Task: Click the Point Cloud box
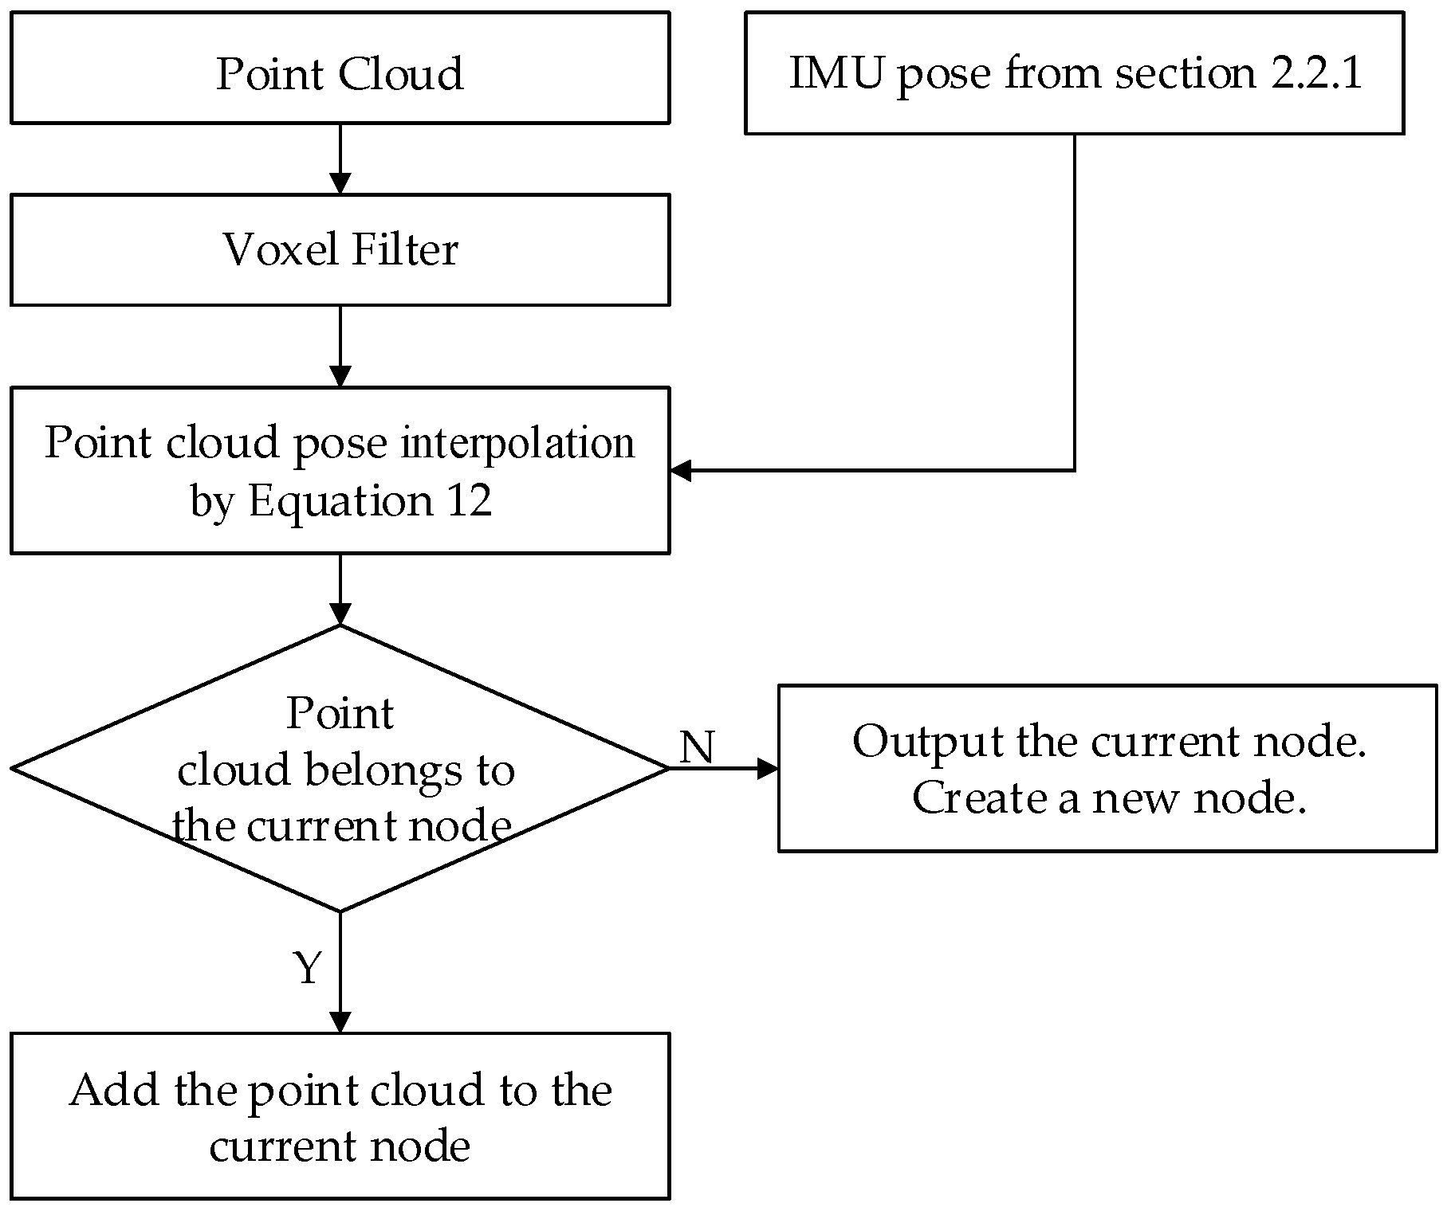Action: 340,68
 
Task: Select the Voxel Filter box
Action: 340,250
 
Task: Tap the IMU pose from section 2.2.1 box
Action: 1074,73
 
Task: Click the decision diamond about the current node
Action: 340,768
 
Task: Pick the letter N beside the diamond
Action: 698,747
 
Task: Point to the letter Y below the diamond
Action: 308,969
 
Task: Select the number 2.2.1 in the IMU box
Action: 1316,73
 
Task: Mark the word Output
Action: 927,741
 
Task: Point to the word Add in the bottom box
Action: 115,1090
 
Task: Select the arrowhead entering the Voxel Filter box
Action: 340,184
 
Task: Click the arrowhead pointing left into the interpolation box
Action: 680,470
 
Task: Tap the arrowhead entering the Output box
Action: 767,768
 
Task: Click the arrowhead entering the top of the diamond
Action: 340,614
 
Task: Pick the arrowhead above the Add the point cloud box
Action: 340,1022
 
